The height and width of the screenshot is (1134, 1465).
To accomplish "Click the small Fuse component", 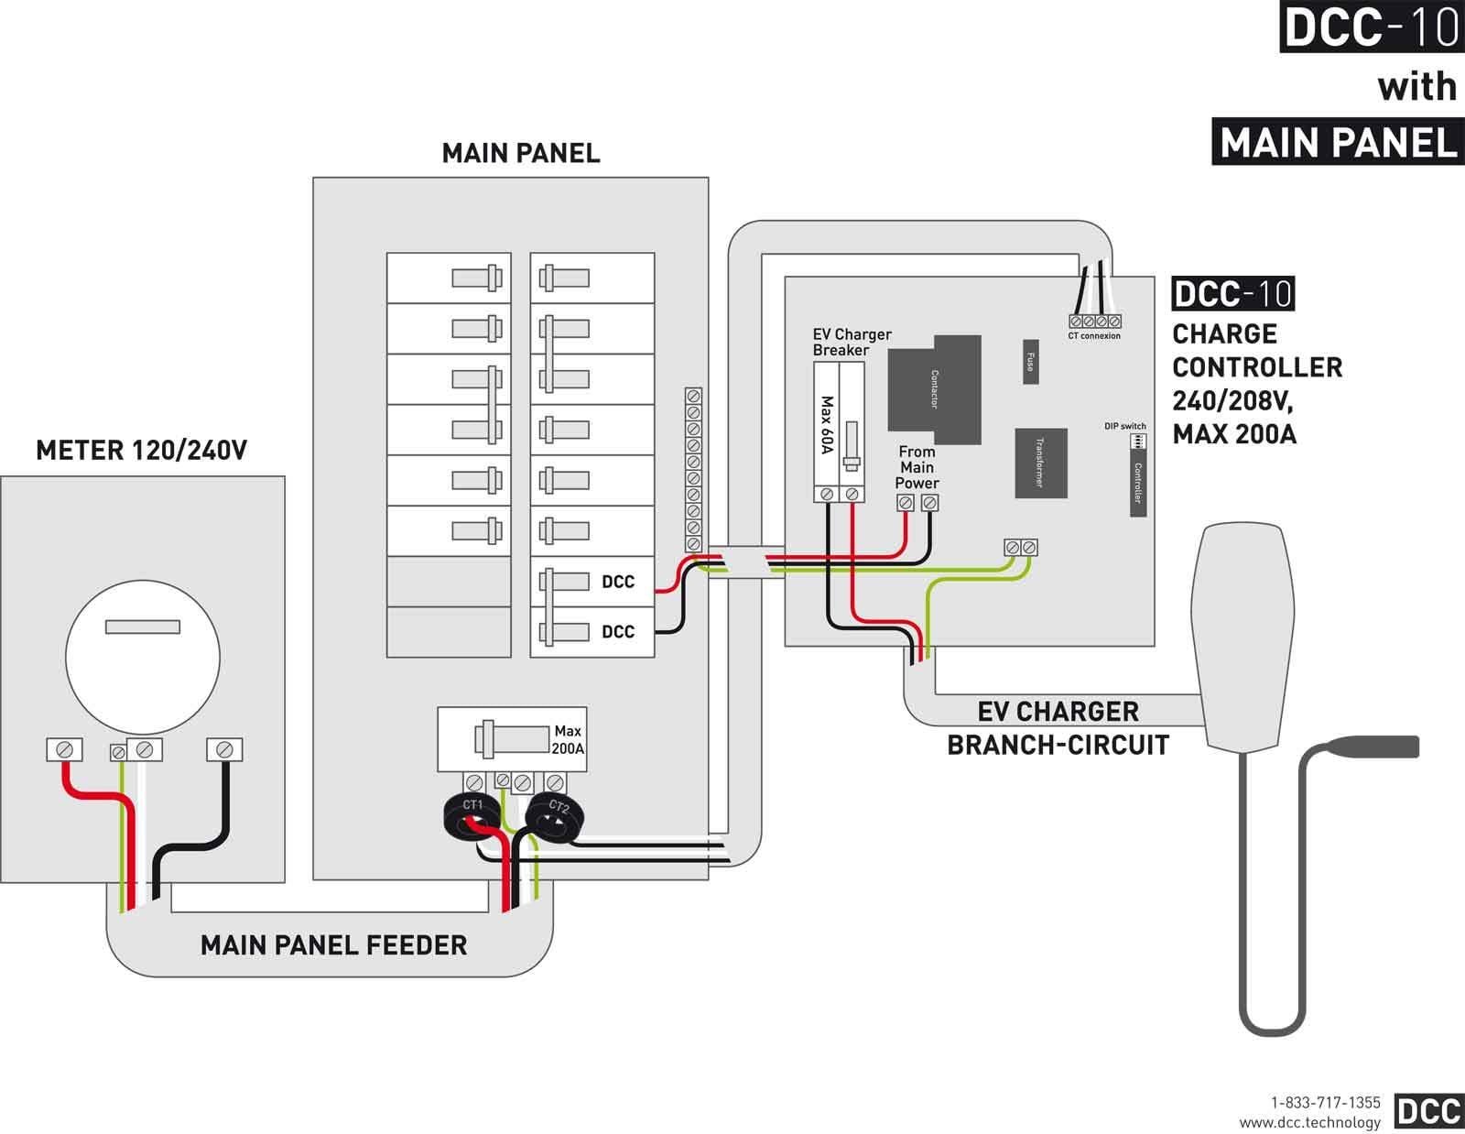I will point(1030,362).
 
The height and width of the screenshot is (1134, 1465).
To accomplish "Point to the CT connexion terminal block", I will point(1094,322).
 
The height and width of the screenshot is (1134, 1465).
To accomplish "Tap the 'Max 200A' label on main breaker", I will point(568,739).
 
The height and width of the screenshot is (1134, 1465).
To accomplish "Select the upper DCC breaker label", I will point(618,582).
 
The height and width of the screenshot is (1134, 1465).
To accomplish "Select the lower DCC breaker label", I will point(618,631).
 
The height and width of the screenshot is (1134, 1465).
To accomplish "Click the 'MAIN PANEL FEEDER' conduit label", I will point(333,944).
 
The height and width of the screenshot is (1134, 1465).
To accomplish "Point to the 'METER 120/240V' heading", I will point(141,450).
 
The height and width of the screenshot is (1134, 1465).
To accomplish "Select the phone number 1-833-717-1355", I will point(1325,1103).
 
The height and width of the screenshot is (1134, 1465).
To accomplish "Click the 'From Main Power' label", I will point(917,467).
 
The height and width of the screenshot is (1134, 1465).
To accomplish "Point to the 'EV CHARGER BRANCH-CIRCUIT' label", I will point(1058,728).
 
